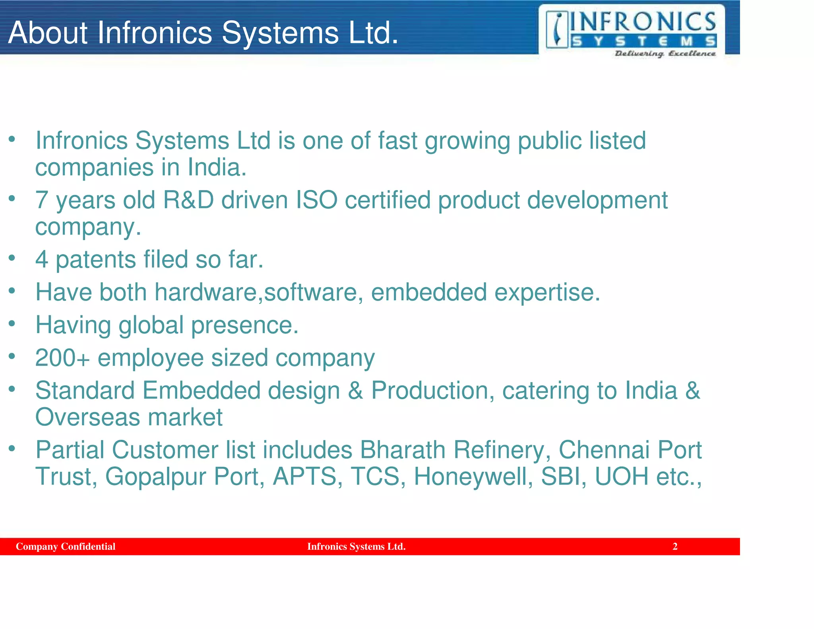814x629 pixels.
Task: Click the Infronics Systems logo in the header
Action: point(631,31)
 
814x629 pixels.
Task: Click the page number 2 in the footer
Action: point(675,546)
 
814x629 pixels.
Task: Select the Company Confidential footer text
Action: point(66,546)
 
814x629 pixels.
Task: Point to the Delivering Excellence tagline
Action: point(665,54)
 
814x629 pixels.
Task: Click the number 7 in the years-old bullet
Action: point(42,200)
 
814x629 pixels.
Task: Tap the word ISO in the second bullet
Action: point(317,200)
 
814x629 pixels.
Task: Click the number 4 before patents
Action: point(42,260)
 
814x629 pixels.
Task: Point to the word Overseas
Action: point(88,417)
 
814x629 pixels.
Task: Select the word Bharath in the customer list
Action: point(403,450)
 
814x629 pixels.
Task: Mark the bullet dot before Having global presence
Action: point(12,324)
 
